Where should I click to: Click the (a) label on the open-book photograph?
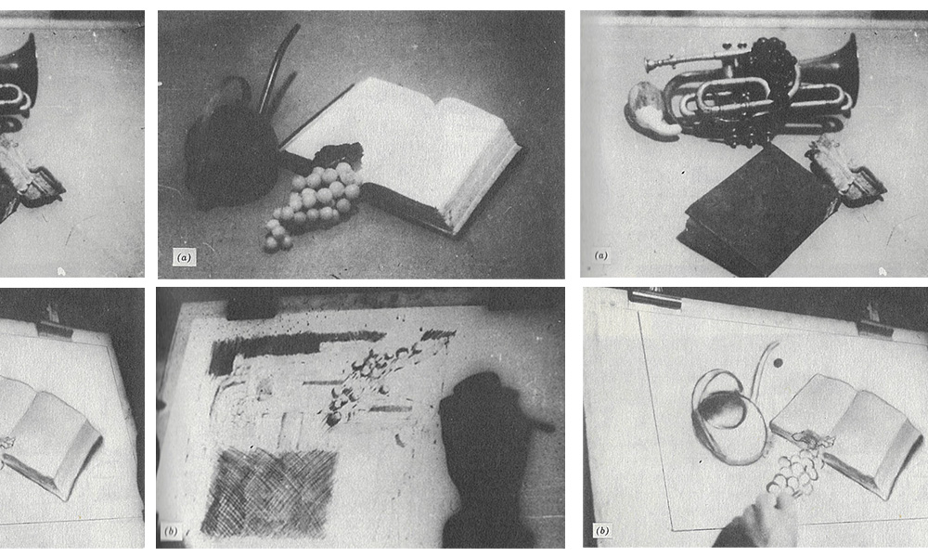click(x=184, y=257)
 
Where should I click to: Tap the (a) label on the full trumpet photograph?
click(x=600, y=255)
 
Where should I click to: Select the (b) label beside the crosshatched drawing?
click(x=171, y=531)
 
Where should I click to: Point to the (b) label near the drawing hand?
click(x=602, y=530)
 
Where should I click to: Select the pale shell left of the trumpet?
click(x=651, y=110)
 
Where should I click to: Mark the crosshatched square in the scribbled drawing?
click(x=269, y=492)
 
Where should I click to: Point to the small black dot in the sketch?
click(x=778, y=363)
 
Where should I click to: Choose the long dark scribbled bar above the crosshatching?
click(x=296, y=346)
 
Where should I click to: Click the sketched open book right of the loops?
click(x=846, y=432)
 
